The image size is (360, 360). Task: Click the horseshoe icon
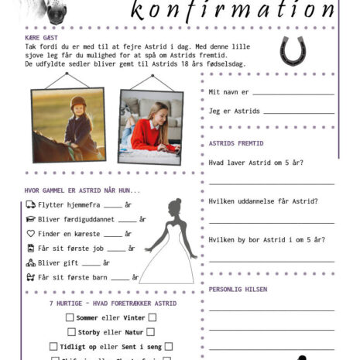point(293,51)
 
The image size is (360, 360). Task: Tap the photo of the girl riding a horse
point(69,124)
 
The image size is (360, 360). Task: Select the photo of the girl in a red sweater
point(150,126)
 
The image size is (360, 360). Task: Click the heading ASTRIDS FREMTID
point(236,143)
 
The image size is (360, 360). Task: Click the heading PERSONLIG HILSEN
point(238,289)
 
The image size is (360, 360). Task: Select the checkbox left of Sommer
point(70,317)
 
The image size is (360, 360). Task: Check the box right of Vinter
point(153,317)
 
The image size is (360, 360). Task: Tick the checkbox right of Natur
point(151,332)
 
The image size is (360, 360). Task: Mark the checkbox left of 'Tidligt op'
point(53,346)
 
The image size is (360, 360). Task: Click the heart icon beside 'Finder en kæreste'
point(31,233)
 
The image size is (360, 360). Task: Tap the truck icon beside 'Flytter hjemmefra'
point(31,204)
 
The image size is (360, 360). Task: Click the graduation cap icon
point(31,219)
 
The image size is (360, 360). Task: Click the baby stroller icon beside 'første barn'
point(31,277)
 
